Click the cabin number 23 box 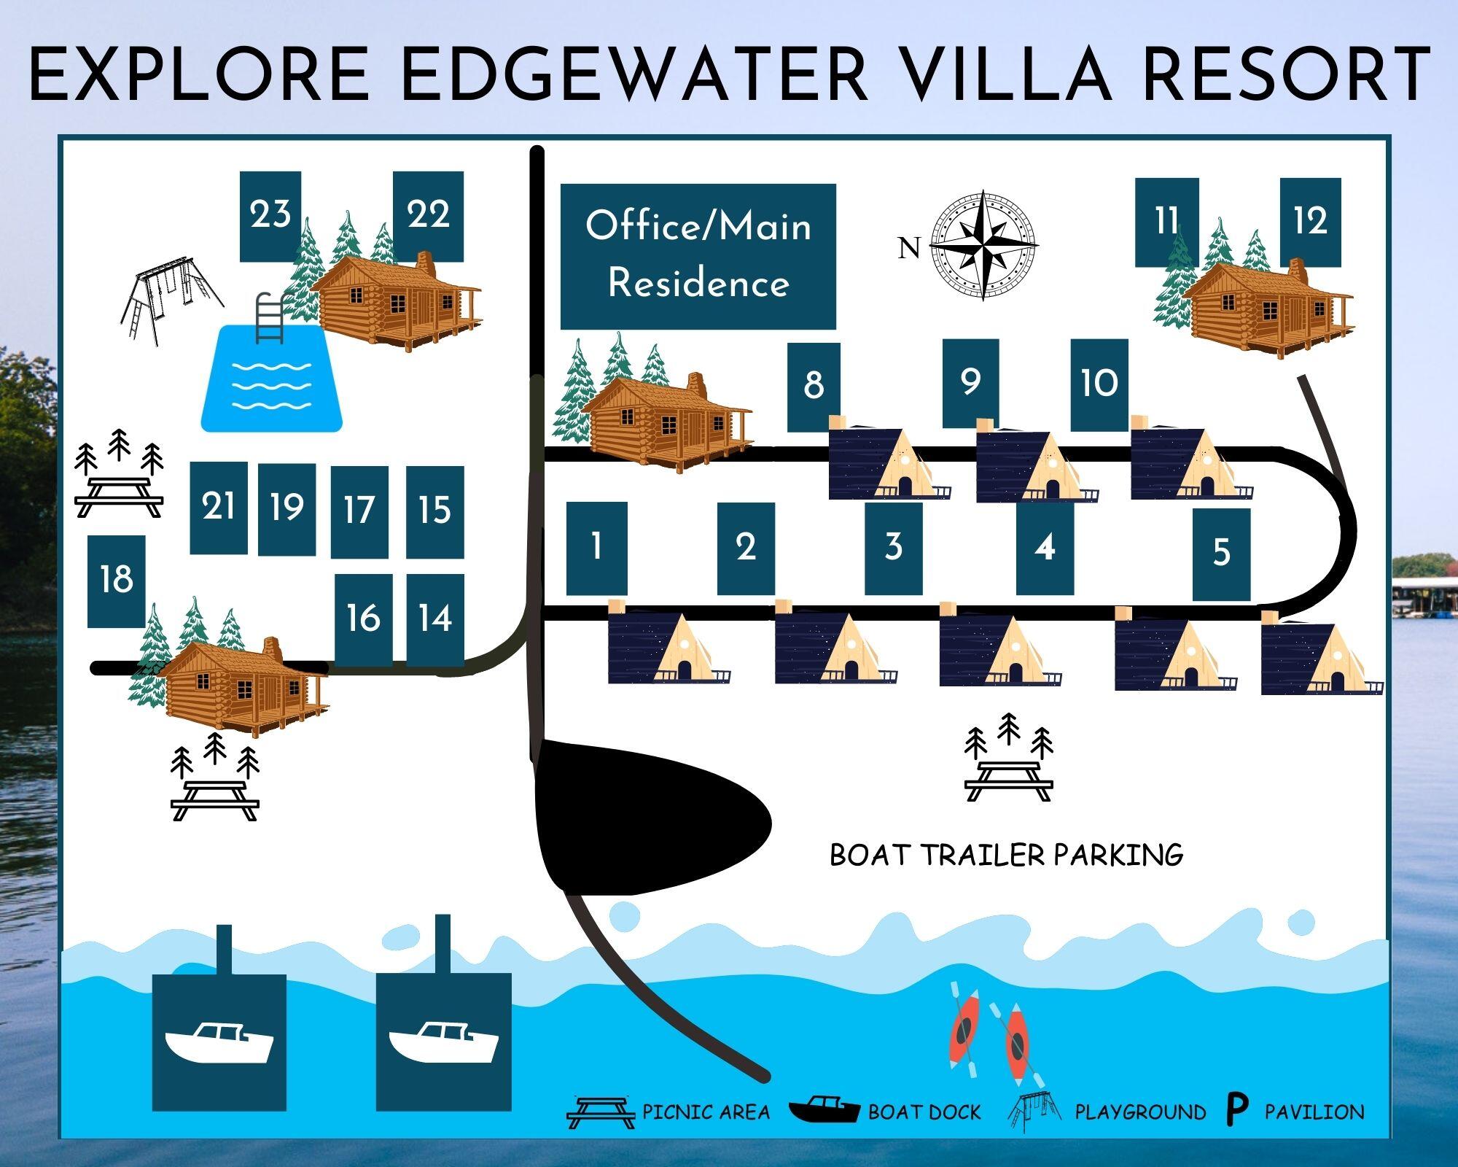270,216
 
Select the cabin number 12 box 1310,222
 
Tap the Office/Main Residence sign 698,256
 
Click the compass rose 984,245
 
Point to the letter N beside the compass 909,249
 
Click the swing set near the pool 171,299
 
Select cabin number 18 116,581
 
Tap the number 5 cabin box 1221,554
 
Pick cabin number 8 814,387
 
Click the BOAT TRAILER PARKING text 1006,854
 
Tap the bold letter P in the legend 1236,1109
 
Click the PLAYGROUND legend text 1140,1112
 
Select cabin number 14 435,620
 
